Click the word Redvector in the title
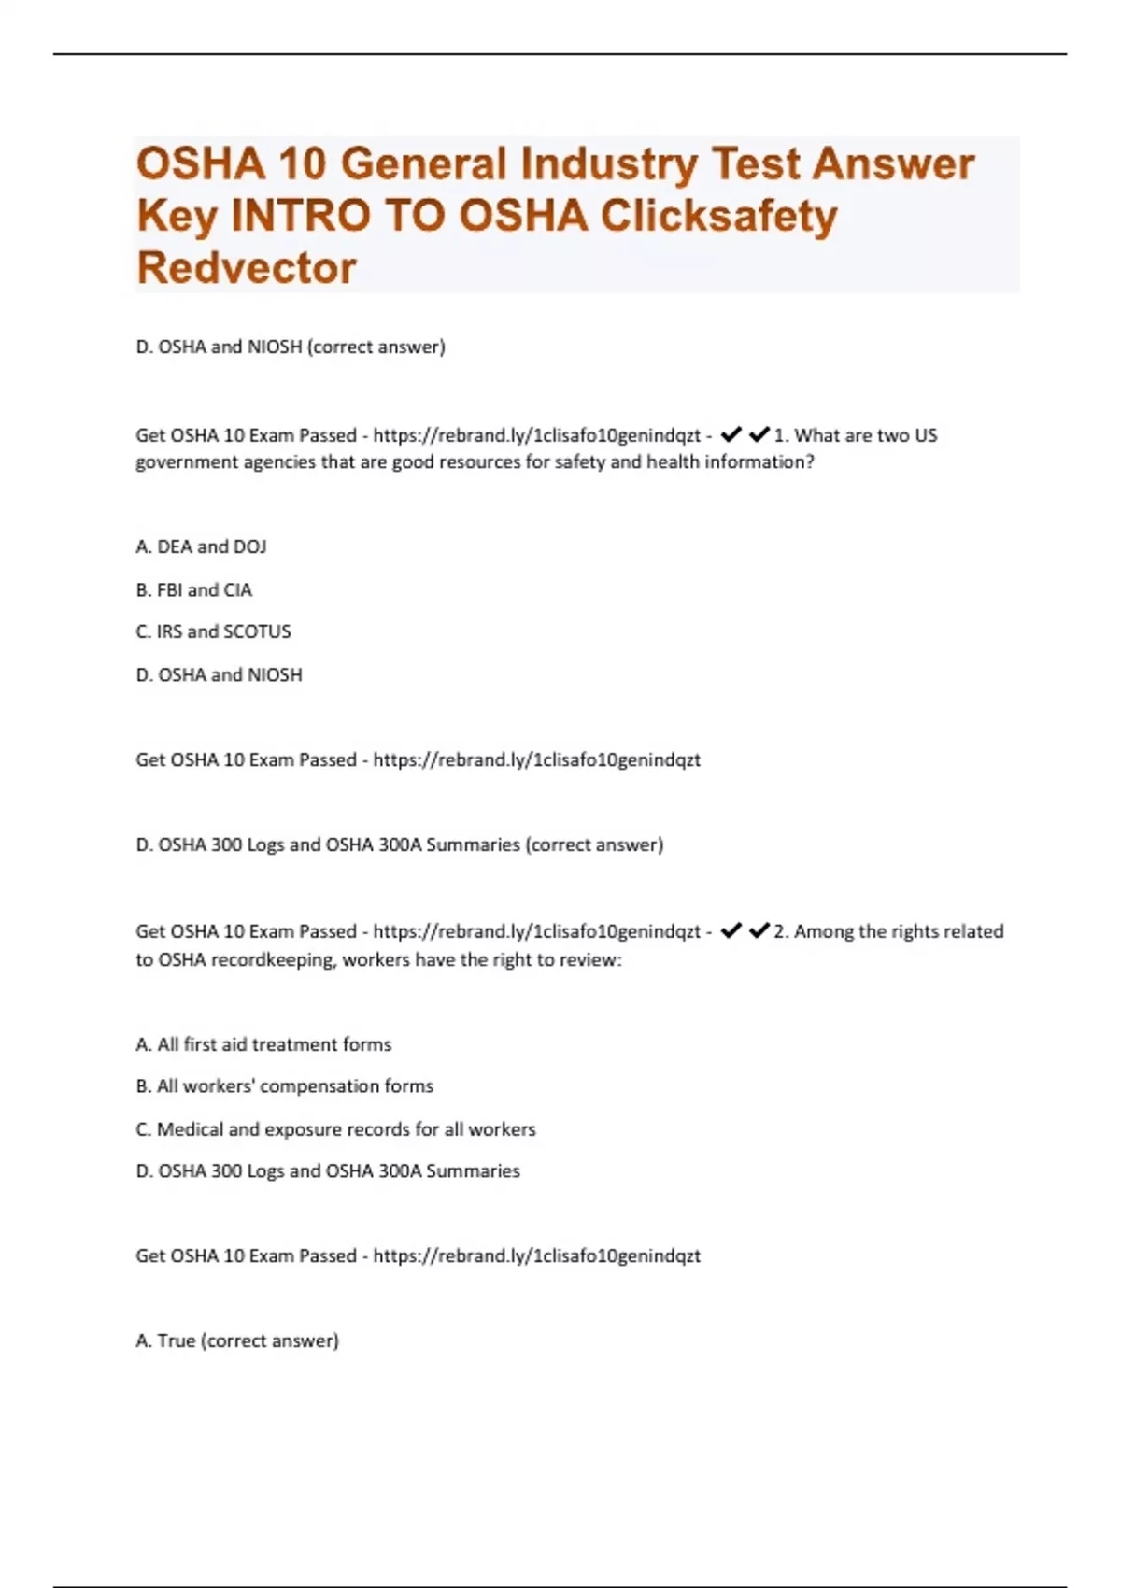click(x=247, y=268)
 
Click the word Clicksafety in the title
click(x=718, y=216)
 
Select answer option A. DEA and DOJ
click(x=201, y=546)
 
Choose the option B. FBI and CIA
click(x=194, y=590)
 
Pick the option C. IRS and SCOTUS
click(x=213, y=631)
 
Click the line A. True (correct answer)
click(x=237, y=1340)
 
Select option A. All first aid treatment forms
click(x=263, y=1044)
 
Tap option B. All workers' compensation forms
click(x=285, y=1086)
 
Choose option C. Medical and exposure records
click(x=336, y=1129)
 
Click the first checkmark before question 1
click(x=731, y=434)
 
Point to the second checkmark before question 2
click(x=759, y=930)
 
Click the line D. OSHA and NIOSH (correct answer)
click(x=291, y=347)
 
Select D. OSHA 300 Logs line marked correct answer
click(x=400, y=844)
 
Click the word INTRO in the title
click(x=301, y=216)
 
